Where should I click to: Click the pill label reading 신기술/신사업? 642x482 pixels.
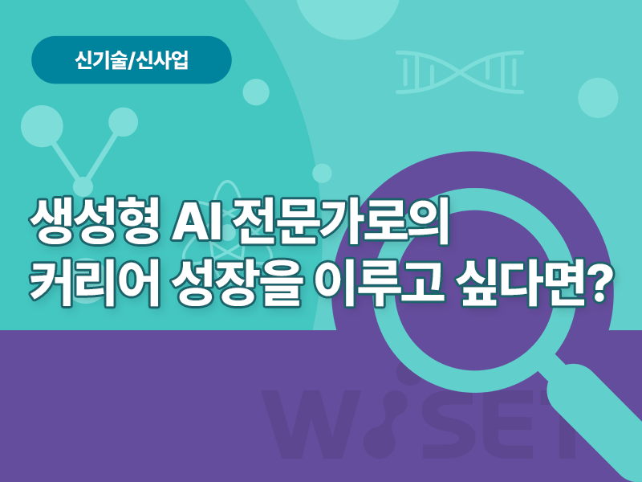pyautogui.click(x=132, y=59)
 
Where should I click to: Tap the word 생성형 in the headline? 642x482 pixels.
pyautogui.click(x=95, y=222)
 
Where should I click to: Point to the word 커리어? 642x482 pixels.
pyautogui.click(x=95, y=284)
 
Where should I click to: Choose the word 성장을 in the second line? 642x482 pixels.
pyautogui.click(x=237, y=284)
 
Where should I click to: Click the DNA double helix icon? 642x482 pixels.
pyautogui.click(x=459, y=72)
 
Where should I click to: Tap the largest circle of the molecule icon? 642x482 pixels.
pyautogui.click(x=42, y=126)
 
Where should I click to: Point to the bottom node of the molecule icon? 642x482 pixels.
pyautogui.click(x=83, y=186)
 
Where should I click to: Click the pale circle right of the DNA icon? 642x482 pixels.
pyautogui.click(x=598, y=97)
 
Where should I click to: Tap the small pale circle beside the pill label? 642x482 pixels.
pyautogui.click(x=256, y=92)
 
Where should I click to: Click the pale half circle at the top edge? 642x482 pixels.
pyautogui.click(x=348, y=16)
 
